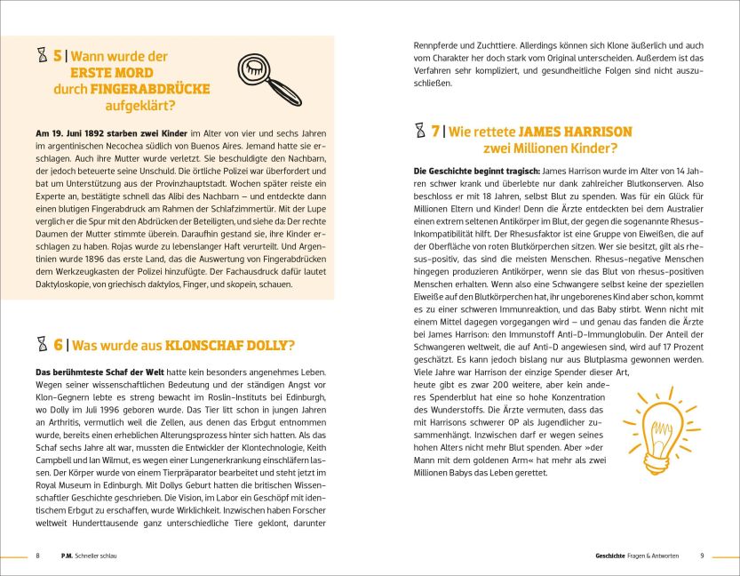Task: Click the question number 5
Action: point(57,56)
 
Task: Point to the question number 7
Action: point(435,131)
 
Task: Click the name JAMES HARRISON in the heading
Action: point(579,131)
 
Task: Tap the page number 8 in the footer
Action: point(37,556)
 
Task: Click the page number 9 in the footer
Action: point(702,556)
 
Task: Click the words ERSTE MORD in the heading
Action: point(112,73)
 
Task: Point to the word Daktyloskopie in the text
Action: point(64,284)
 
